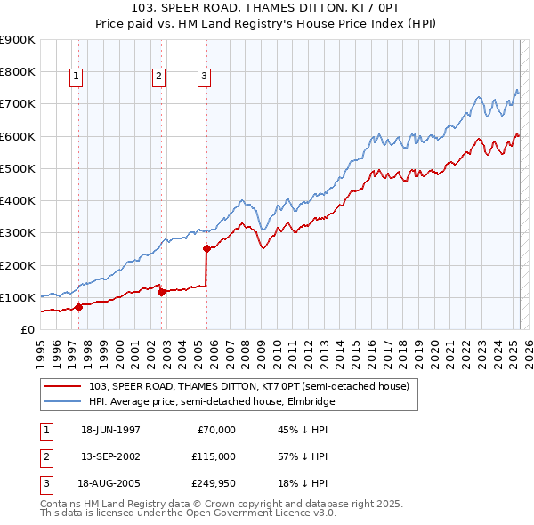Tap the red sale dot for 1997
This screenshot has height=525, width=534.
click(x=78, y=307)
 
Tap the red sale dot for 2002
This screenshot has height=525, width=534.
click(x=161, y=292)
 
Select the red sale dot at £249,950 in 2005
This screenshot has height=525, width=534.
click(x=206, y=249)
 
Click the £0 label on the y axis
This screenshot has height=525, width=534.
click(x=27, y=329)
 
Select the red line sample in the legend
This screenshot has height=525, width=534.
click(x=63, y=387)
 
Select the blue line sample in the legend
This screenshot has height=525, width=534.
click(x=63, y=401)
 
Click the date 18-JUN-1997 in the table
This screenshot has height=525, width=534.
click(x=110, y=430)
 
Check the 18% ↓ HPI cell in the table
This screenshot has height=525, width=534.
click(x=303, y=483)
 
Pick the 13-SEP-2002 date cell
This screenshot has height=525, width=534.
click(x=110, y=456)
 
